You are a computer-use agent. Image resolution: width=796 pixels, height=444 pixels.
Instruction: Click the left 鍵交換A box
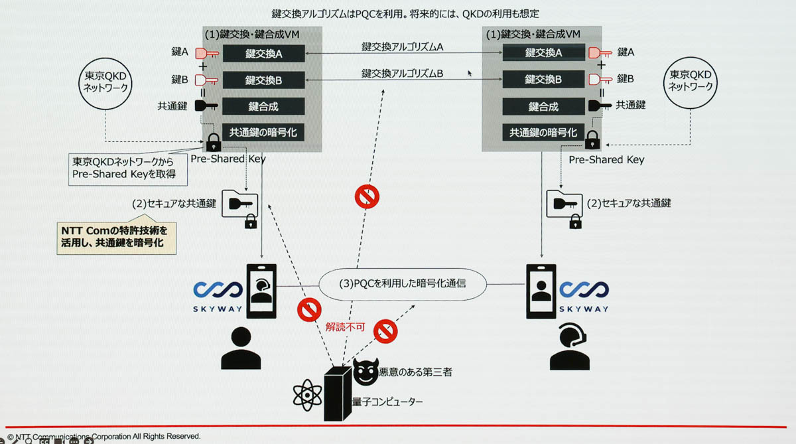pyautogui.click(x=263, y=54)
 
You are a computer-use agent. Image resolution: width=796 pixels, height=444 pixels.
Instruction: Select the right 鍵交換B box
pyautogui.click(x=543, y=80)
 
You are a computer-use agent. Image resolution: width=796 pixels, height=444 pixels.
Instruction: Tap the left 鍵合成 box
pyautogui.click(x=263, y=106)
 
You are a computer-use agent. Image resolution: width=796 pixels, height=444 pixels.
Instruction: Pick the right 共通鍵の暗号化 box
pyautogui.click(x=543, y=133)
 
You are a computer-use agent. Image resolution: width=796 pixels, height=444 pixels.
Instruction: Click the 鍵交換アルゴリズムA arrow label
pyautogui.click(x=402, y=46)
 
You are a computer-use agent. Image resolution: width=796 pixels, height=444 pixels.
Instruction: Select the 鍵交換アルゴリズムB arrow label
pyautogui.click(x=402, y=73)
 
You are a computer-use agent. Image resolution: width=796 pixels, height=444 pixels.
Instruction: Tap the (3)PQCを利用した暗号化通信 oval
pyautogui.click(x=403, y=283)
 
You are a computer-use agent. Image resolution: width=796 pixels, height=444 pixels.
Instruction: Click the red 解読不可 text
pyautogui.click(x=345, y=327)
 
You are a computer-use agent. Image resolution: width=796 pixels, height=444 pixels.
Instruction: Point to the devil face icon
pyautogui.click(x=367, y=372)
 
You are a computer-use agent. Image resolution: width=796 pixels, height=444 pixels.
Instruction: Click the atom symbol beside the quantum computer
pyautogui.click(x=306, y=396)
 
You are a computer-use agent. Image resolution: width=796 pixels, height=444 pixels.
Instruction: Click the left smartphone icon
pyautogui.click(x=261, y=291)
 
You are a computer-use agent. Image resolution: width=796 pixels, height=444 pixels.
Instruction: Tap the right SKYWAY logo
pyautogui.click(x=583, y=295)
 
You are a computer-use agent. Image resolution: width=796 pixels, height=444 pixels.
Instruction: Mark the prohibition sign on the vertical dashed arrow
pyautogui.click(x=366, y=196)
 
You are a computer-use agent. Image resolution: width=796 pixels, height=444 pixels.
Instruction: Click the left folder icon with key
pyautogui.click(x=241, y=202)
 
